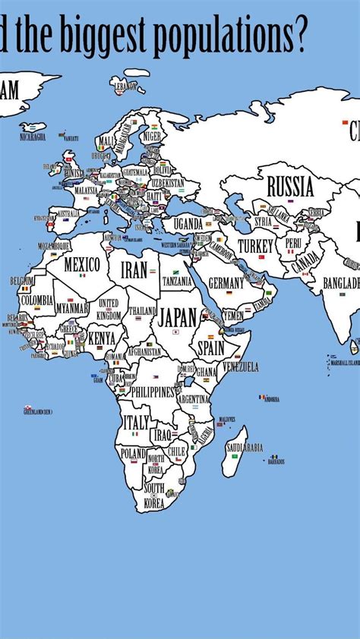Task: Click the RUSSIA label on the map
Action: coord(289,186)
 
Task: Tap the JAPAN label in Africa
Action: coord(178,316)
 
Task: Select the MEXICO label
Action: coord(81,265)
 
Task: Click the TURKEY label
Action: coord(255,246)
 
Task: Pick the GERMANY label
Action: coord(226,282)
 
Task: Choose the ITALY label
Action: coord(137,422)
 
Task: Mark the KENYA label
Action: coord(102,338)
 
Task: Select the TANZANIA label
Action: coord(177,280)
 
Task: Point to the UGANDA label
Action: coord(188,224)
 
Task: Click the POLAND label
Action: coord(132,453)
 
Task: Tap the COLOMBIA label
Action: coord(36,301)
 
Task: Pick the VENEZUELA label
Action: coord(240,367)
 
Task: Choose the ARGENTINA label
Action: coord(194,398)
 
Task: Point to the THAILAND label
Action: coord(142,311)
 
